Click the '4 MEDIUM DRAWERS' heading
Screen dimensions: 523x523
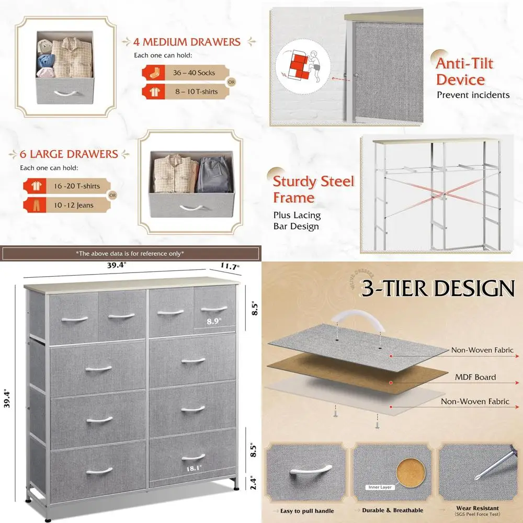coord(187,41)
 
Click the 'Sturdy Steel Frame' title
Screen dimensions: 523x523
coord(313,189)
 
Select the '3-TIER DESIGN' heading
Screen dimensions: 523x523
coord(437,289)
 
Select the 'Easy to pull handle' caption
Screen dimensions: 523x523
coord(306,510)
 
